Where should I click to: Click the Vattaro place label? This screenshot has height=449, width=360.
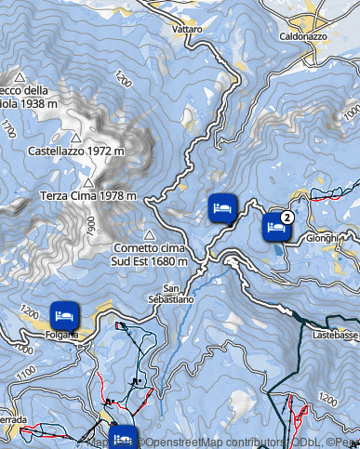point(187,29)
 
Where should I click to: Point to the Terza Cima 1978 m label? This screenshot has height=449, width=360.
point(88,195)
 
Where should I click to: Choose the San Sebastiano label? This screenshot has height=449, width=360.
point(172,294)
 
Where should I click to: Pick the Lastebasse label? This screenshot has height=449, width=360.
point(336,332)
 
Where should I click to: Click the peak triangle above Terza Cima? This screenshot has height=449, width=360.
point(89,181)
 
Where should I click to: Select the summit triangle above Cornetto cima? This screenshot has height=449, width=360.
point(149,234)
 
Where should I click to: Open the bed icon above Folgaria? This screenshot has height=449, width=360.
point(63,314)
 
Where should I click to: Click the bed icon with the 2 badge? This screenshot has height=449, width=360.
point(275,227)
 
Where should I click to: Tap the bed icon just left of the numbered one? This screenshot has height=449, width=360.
point(221,208)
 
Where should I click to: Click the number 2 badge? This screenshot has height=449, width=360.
point(287,217)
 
